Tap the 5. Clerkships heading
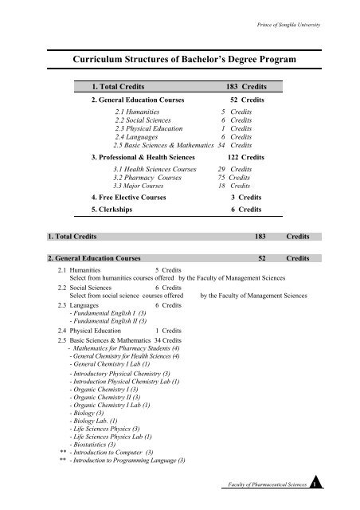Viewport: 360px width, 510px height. [115, 210]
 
